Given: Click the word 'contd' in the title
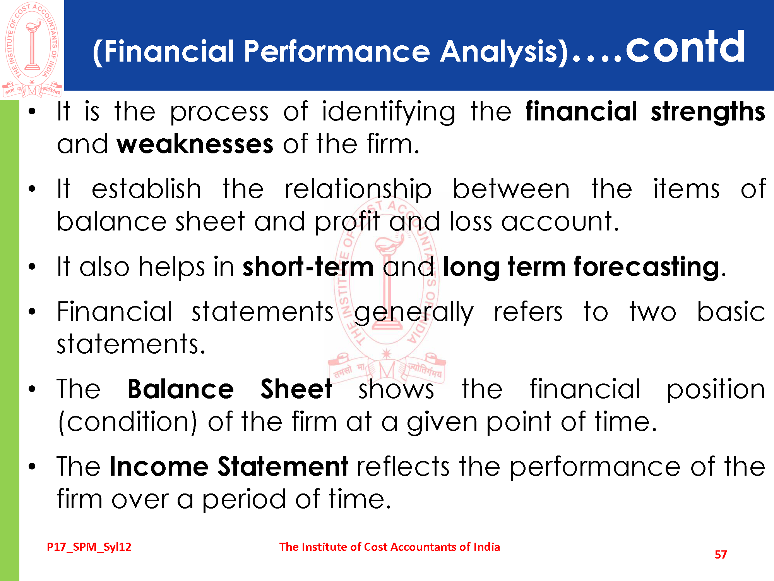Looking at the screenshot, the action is pos(685,47).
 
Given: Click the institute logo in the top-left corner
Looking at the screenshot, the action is pos(32,50).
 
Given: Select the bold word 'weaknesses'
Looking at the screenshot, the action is pos(195,144).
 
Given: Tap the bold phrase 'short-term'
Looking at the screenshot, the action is pos(308,267).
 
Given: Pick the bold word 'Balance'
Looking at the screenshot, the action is pos(180,389).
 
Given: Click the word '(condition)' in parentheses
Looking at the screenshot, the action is pos(127,422).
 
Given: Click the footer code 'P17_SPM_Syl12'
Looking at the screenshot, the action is pos(89,547).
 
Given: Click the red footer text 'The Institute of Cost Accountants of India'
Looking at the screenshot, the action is pos(390,547).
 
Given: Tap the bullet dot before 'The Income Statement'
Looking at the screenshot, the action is pos(32,466).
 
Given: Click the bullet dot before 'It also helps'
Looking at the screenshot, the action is pos(32,266).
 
